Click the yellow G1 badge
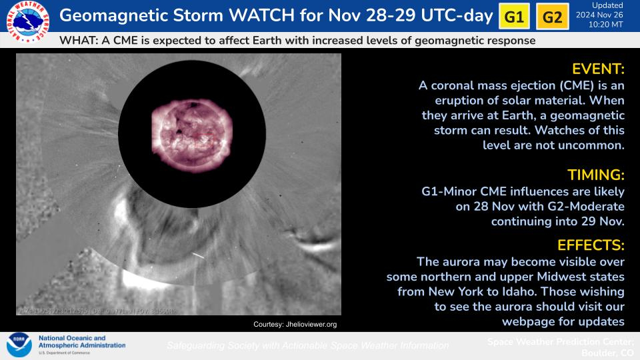click(514, 17)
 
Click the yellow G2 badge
click(553, 17)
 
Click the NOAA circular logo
click(19, 345)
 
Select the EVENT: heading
click(598, 69)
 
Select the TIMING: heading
click(595, 175)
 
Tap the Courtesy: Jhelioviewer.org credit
click(295, 324)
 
